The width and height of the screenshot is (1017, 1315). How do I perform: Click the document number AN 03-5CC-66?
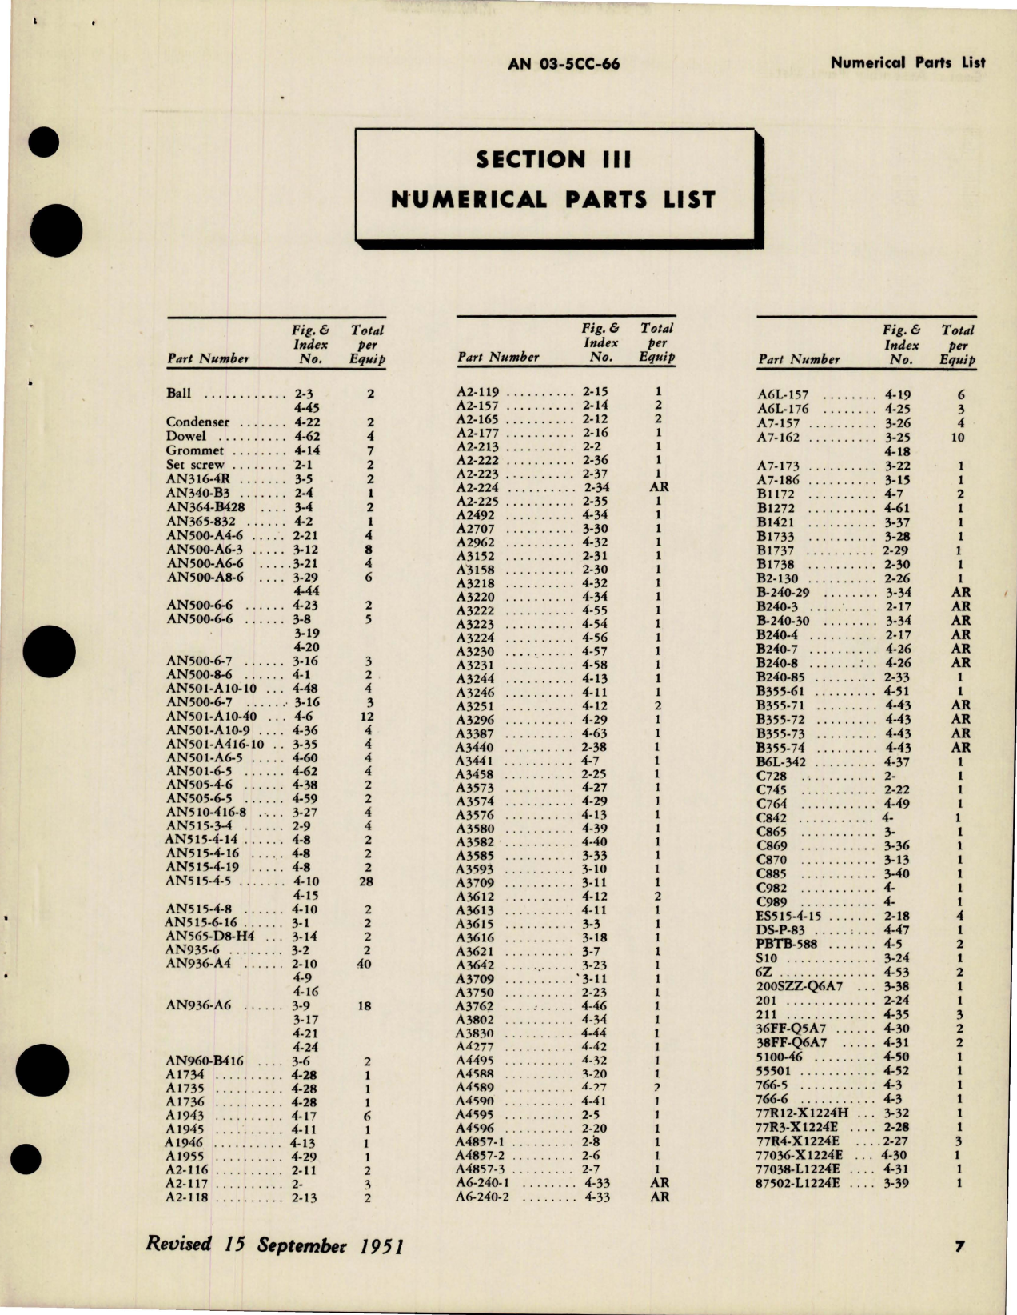tap(564, 65)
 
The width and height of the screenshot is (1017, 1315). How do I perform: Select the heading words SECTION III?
tap(553, 160)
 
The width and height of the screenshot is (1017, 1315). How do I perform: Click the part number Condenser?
tap(197, 422)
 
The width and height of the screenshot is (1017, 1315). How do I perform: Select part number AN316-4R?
tap(199, 479)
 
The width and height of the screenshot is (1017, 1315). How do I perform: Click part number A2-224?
tap(477, 487)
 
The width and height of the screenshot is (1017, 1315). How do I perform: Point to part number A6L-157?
tap(783, 394)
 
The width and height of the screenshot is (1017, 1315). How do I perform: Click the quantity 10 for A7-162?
tap(958, 438)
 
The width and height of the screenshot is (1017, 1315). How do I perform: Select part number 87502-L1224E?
tap(797, 1184)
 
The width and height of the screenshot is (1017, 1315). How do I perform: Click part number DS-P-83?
tap(780, 931)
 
